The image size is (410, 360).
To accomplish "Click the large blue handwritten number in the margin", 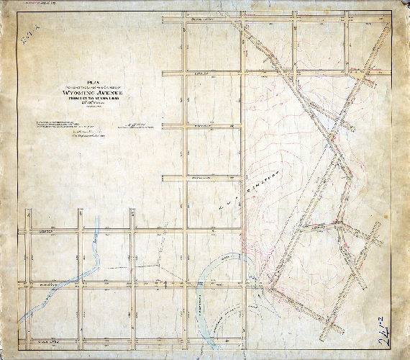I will point(383,333).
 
